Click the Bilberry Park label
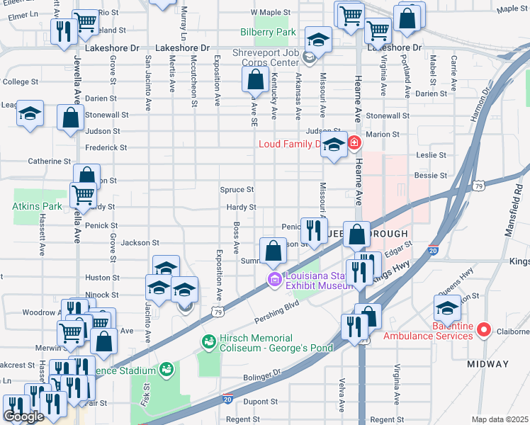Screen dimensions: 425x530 266,33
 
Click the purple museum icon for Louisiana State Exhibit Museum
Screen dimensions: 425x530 274,281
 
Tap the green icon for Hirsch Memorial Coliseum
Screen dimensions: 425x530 208,342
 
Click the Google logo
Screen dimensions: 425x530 23,416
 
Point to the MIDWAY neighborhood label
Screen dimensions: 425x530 487,363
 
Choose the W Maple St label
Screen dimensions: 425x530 271,13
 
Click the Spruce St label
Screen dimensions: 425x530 237,190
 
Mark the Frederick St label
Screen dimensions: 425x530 105,148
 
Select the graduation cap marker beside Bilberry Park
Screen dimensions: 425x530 319,40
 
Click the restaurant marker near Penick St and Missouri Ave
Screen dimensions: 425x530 310,229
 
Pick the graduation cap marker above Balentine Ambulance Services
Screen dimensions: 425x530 447,308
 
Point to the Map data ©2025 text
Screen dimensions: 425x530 500,419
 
